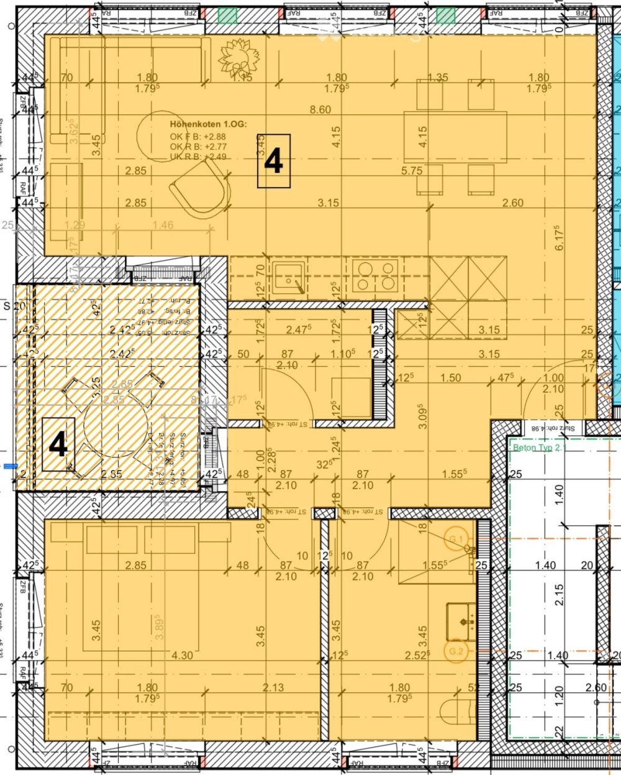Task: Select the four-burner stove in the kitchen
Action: tap(375, 275)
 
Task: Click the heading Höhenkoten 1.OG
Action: tap(208, 124)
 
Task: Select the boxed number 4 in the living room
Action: tap(274, 162)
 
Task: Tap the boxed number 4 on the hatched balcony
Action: tap(58, 445)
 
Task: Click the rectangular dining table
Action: tap(455, 136)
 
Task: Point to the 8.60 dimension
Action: tap(321, 110)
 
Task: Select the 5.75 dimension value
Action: tap(412, 170)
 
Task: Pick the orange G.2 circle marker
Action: tap(456, 651)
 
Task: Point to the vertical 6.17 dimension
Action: tap(559, 237)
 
